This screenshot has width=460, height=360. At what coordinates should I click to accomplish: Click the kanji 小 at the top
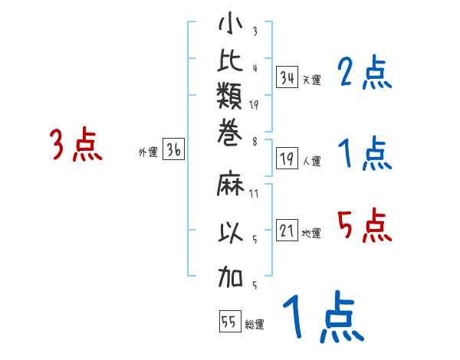tap(230, 25)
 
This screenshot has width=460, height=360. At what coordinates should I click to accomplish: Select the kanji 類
tap(230, 100)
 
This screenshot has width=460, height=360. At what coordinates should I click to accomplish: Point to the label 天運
tap(311, 80)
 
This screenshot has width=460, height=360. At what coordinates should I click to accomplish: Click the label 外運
tap(148, 152)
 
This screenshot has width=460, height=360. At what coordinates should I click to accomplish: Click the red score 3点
tap(76, 145)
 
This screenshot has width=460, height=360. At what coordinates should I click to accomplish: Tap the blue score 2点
tap(364, 74)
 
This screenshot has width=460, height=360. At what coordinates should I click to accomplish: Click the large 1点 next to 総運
tap(322, 318)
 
